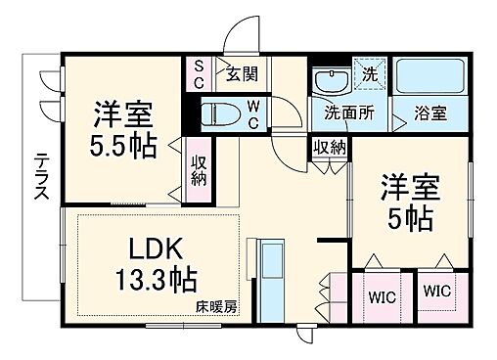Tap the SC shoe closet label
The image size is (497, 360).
coord(197,73)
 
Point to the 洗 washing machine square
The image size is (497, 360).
coord(370,73)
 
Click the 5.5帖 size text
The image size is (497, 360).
coord(122,145)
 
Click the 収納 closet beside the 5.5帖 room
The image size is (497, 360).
coord(199,170)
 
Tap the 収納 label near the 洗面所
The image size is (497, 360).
coord(329,147)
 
